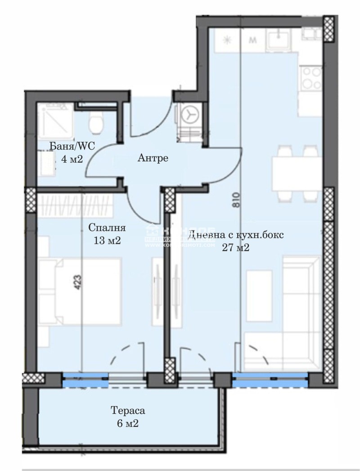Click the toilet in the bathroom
coord(96,122)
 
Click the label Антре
coord(153,158)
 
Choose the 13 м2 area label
coord(107,240)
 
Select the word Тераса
coord(128,411)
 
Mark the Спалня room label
coord(107,228)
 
